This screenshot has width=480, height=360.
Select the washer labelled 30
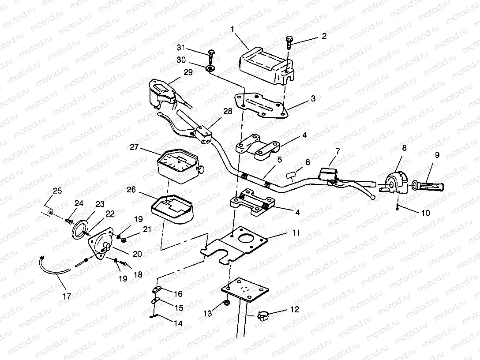coord(210,68)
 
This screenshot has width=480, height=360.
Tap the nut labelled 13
coord(226,303)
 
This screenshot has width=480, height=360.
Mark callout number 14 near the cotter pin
coord(178,323)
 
